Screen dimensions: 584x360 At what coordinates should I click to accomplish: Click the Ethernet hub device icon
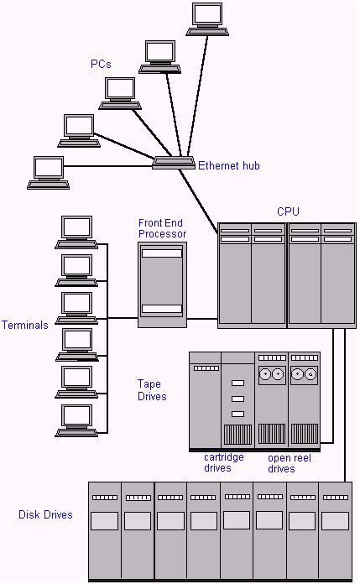tap(174, 164)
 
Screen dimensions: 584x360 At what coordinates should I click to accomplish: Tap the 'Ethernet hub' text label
tap(228, 166)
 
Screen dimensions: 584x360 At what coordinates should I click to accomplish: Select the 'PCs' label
tap(102, 65)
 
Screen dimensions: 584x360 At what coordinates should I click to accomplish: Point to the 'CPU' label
tap(287, 211)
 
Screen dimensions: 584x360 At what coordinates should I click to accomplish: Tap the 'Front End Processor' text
tap(162, 228)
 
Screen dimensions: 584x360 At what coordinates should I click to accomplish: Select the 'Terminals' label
tap(25, 326)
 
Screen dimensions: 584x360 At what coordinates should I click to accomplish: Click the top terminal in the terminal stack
tap(76, 232)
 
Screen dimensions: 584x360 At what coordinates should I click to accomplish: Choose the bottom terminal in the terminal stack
tap(76, 419)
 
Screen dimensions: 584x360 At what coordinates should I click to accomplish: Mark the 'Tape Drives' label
tap(152, 390)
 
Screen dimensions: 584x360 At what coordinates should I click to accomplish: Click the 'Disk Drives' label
tap(45, 515)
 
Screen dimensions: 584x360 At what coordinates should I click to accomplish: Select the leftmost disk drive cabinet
tap(105, 529)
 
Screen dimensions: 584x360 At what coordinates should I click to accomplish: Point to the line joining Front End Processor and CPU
tap(201, 319)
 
